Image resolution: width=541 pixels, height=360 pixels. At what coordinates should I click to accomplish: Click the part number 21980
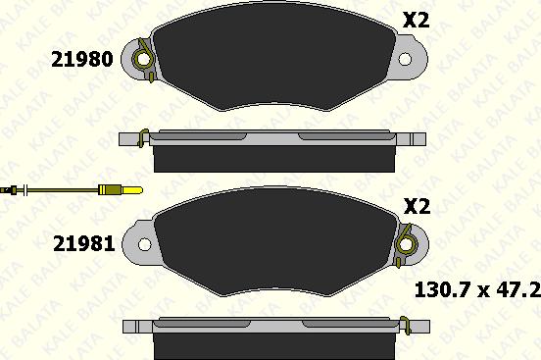82,59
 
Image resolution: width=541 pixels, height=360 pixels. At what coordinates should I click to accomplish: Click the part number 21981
84,244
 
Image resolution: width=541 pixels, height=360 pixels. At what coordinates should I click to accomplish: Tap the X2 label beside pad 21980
417,20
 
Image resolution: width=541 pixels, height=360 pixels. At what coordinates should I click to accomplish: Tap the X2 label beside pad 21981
418,206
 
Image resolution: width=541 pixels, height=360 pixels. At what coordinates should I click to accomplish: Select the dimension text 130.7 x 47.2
477,289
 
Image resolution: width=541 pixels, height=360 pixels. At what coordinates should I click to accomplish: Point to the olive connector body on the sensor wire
110,190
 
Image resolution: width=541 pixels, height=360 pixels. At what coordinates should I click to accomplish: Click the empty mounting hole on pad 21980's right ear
405,59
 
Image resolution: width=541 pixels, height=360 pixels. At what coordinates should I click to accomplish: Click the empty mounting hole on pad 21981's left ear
145,244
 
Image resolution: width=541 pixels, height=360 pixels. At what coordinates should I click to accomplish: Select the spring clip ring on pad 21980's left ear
142,60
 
